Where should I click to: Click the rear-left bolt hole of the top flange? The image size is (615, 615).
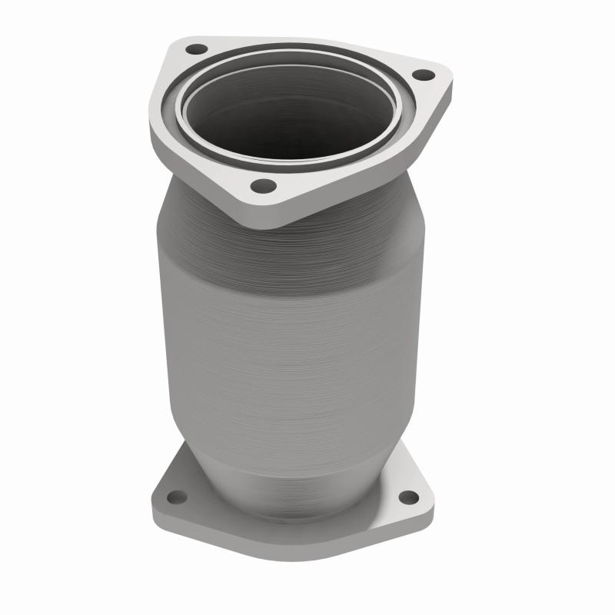197,50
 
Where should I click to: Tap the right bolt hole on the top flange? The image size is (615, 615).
422,75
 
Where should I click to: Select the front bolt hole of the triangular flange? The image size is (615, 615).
263,185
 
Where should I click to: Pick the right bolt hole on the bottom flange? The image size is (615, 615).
409,497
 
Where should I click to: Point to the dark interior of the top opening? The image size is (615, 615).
292,115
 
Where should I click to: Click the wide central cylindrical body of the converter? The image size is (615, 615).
292,331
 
